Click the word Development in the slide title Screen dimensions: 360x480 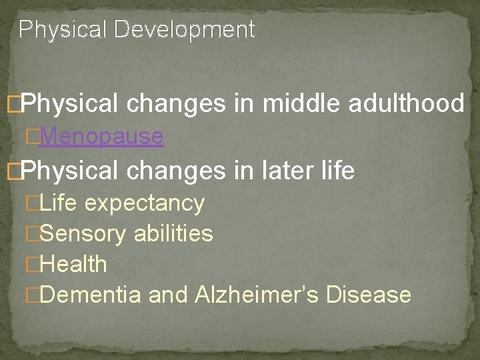click(185, 30)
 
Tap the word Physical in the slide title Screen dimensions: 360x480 click(64, 30)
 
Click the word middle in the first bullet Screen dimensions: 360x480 click(296, 103)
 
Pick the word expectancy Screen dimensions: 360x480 click(145, 203)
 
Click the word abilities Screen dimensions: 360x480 click(173, 233)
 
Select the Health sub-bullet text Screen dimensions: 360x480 click(73, 264)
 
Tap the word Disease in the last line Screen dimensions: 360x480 click(369, 295)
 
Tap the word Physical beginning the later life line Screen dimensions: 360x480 click(70, 171)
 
